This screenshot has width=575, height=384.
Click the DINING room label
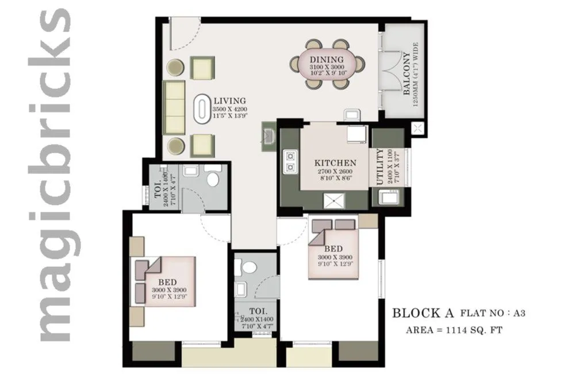tap(326, 60)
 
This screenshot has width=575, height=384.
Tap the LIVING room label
tap(229, 100)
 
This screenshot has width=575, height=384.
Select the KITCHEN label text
tap(333, 163)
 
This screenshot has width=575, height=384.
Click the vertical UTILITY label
tap(379, 167)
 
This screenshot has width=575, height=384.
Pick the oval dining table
tap(326, 64)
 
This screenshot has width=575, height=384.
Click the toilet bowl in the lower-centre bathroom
tap(249, 267)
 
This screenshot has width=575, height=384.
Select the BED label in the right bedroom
tap(333, 249)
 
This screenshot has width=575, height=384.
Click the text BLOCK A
tap(423, 313)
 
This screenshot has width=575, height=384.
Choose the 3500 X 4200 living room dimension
tap(229, 109)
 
